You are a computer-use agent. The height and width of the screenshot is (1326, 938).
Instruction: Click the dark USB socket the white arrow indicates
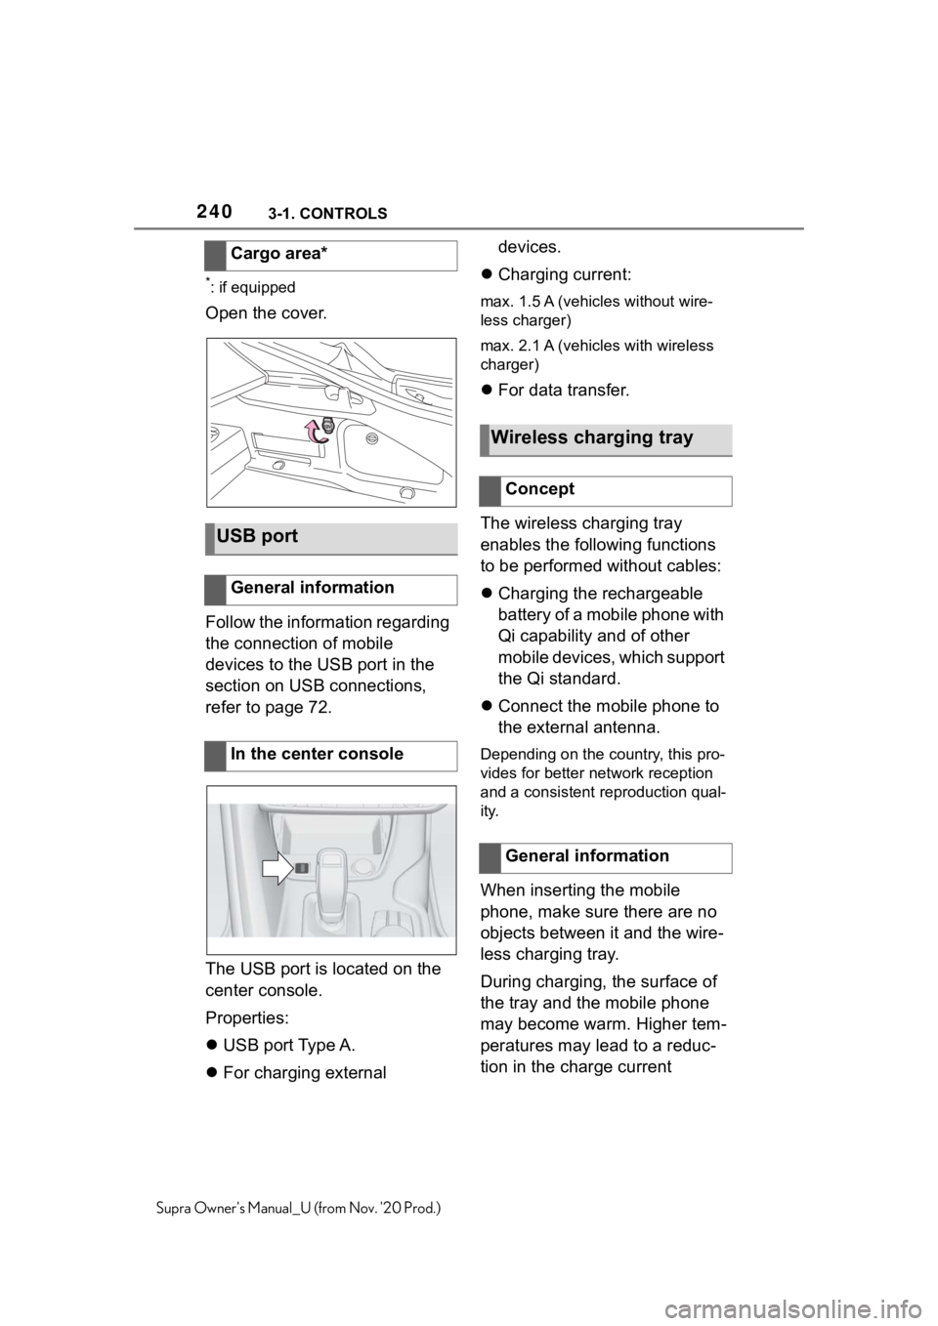click(x=302, y=867)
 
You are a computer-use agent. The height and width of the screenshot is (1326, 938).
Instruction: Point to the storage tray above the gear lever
click(x=332, y=831)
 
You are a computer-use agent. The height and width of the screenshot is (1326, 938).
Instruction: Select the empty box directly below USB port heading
click(x=331, y=591)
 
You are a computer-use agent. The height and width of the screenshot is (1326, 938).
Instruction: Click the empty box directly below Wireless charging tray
click(x=606, y=491)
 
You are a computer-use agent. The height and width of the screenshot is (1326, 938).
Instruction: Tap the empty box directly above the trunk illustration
click(x=331, y=255)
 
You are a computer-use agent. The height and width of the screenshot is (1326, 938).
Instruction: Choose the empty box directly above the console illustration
click(x=331, y=757)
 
